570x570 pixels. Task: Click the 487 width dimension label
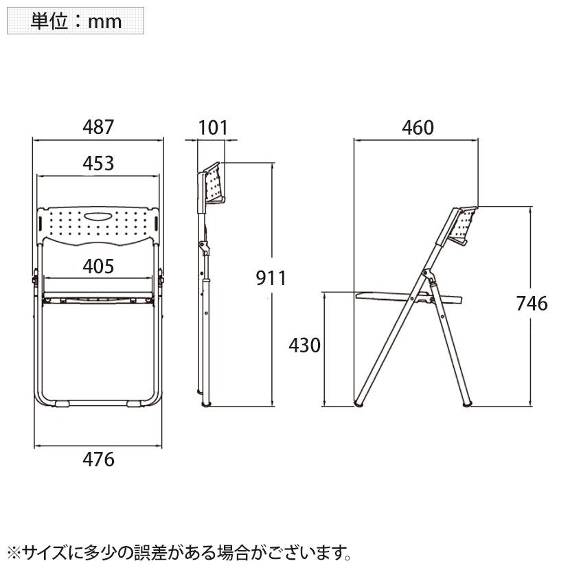[x=98, y=127]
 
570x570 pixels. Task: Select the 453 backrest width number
[x=98, y=163]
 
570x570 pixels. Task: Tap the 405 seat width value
[x=98, y=266]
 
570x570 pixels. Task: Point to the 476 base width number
[x=98, y=459]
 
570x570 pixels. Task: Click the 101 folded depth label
[x=213, y=128]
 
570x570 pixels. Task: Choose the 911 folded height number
[x=271, y=278]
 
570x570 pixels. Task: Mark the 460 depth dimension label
[x=418, y=128]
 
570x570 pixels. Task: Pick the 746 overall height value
[x=532, y=304]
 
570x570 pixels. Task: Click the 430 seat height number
[x=305, y=345]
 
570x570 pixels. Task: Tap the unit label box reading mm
[x=76, y=21]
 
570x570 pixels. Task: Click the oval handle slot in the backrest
[x=99, y=216]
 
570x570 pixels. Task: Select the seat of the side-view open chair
[x=409, y=297]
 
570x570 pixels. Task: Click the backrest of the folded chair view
[x=214, y=183]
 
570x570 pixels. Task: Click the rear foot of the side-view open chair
[x=467, y=404]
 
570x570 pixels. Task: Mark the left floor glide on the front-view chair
[x=62, y=404]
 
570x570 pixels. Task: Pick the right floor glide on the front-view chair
[x=134, y=404]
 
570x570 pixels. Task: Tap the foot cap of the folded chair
[x=206, y=404]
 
